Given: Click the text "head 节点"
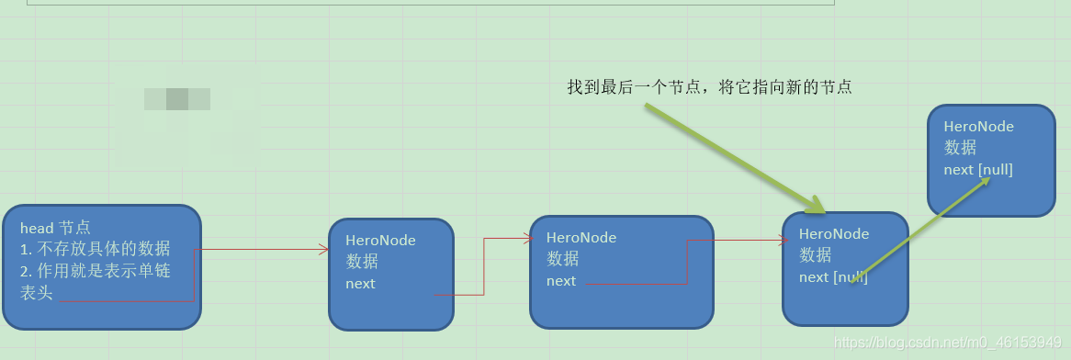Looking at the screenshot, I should [55, 228].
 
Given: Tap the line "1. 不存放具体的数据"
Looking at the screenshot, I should [96, 249].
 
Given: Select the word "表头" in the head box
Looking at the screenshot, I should [37, 293].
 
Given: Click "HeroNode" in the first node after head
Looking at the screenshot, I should [380, 241].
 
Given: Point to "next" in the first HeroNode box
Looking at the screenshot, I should [360, 284].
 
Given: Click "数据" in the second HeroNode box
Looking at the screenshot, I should [563, 259].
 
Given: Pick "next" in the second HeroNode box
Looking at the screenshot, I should [560, 281].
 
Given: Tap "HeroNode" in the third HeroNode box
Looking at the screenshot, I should [834, 234].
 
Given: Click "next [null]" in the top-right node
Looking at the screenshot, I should [978, 169].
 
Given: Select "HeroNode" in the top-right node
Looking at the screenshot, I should [979, 127].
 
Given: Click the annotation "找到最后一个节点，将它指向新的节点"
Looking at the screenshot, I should [709, 87].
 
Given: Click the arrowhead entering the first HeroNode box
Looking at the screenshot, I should [324, 249].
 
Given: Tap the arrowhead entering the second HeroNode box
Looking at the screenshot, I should [527, 238].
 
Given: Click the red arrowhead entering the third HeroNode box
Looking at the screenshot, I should [783, 241].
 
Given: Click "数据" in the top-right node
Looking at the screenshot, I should [960, 148].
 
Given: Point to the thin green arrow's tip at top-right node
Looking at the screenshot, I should [988, 178].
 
